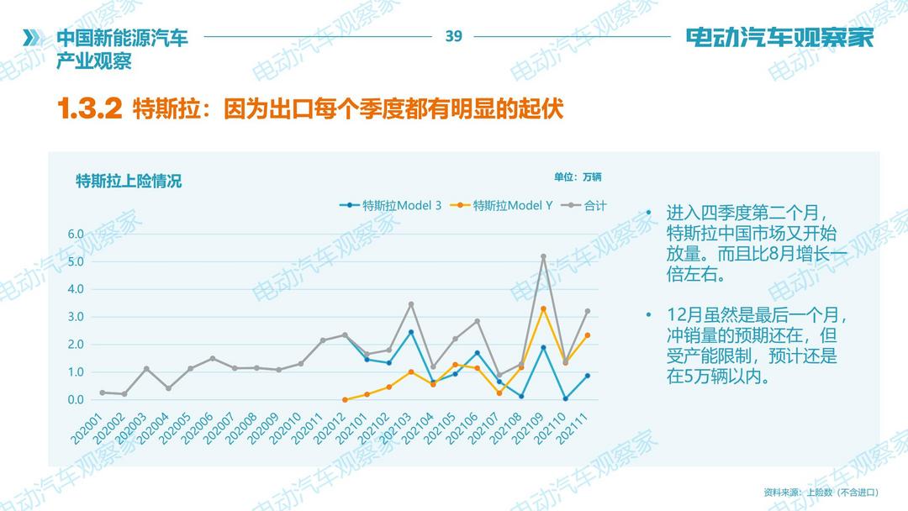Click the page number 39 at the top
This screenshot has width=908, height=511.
[x=454, y=36]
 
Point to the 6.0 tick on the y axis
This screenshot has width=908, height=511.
[x=76, y=234]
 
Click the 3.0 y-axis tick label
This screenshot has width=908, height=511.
[x=76, y=317]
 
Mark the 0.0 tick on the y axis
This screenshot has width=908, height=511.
[x=76, y=399]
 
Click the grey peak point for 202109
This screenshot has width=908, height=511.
[x=543, y=256]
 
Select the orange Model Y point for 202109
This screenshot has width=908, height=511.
[x=543, y=308]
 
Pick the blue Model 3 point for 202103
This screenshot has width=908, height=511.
[x=411, y=332]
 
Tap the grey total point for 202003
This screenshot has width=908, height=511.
[x=146, y=368]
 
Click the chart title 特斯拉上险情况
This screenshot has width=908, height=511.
[x=129, y=181]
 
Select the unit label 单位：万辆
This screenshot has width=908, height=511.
[x=578, y=177]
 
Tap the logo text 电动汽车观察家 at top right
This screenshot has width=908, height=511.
[x=779, y=38]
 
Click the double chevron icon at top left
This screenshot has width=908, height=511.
[x=31, y=38]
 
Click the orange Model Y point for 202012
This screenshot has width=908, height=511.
[x=345, y=399]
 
